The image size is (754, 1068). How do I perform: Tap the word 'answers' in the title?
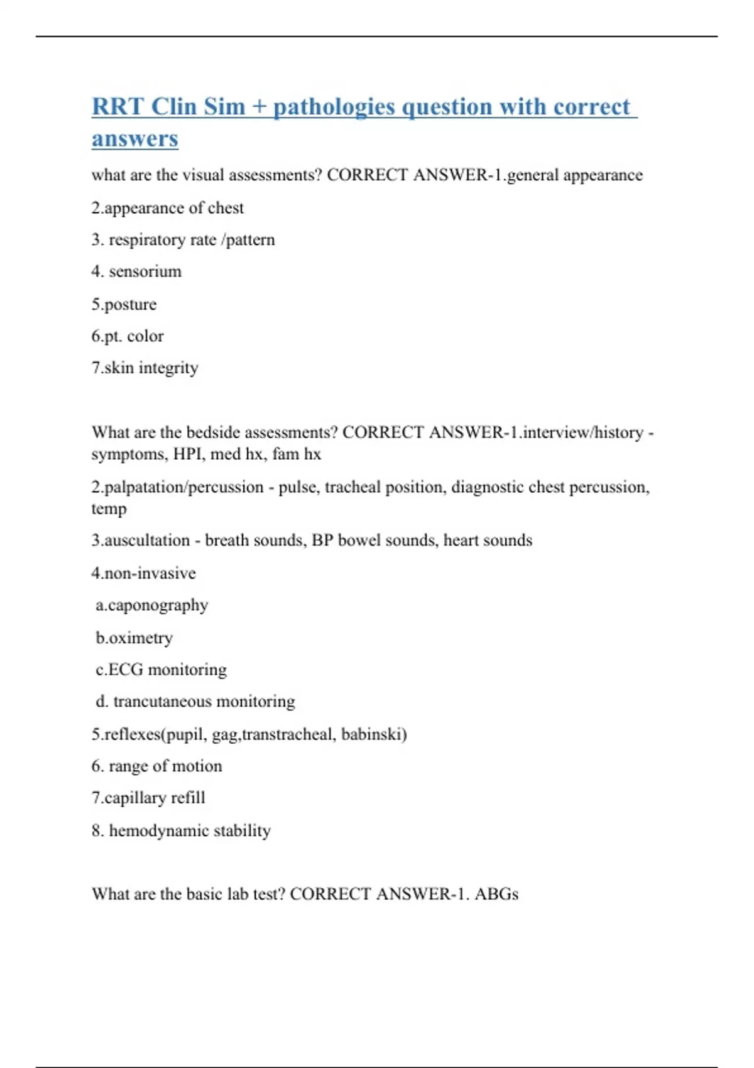point(135,139)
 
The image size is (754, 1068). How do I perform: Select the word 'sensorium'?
point(145,271)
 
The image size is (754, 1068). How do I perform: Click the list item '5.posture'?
point(124,305)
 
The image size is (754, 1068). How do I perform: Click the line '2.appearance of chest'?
point(167,208)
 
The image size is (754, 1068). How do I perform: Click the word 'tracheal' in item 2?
point(352,487)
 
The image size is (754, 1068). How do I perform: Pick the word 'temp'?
point(109,508)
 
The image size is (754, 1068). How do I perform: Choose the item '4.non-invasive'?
point(143,573)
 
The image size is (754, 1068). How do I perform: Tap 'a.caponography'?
point(151,605)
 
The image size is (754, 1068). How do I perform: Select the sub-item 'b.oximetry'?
point(134,638)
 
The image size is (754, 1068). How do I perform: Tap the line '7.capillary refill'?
point(148,798)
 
